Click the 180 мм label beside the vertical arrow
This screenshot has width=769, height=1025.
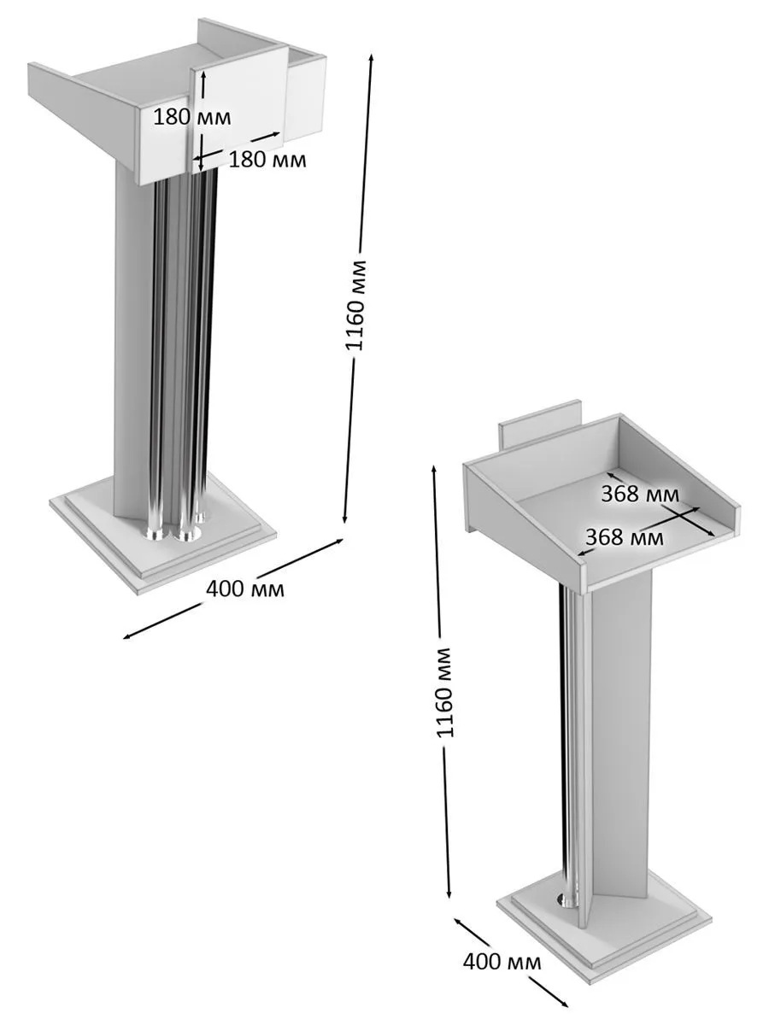tap(192, 117)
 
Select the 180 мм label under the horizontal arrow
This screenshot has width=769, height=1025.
tap(267, 160)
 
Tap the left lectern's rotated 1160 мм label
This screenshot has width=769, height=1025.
tap(355, 305)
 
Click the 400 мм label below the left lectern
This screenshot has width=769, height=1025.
tap(245, 589)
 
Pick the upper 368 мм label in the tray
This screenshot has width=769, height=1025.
tap(640, 494)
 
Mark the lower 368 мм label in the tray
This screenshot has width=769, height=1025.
tap(625, 537)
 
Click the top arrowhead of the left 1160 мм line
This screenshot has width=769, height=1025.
tap(371, 56)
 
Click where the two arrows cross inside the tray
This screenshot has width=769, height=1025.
tap(684, 517)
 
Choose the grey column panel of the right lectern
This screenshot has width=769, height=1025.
tap(621, 738)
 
